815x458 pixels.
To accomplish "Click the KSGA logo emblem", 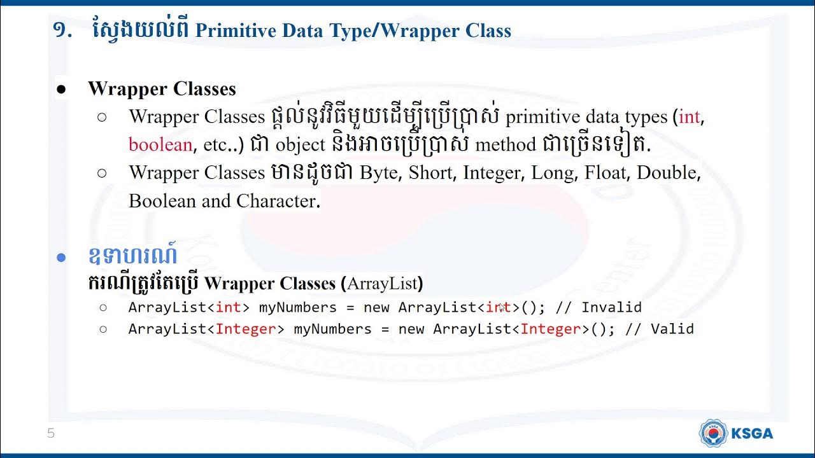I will tap(713, 433).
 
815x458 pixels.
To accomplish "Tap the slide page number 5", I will tap(51, 434).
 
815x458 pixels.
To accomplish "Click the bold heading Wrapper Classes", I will tap(162, 89).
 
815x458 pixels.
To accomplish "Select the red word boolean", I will tap(160, 145).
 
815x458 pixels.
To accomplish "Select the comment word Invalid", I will tap(611, 308).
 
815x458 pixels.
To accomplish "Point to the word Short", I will tap(430, 173).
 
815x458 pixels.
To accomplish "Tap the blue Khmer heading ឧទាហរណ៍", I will tap(132, 256).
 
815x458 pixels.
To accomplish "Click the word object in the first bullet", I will tap(300, 145).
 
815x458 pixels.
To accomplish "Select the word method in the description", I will tap(505, 145).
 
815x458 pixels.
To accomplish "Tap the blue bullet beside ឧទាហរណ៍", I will tap(61, 258).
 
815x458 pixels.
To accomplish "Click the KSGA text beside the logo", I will tap(753, 434).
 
